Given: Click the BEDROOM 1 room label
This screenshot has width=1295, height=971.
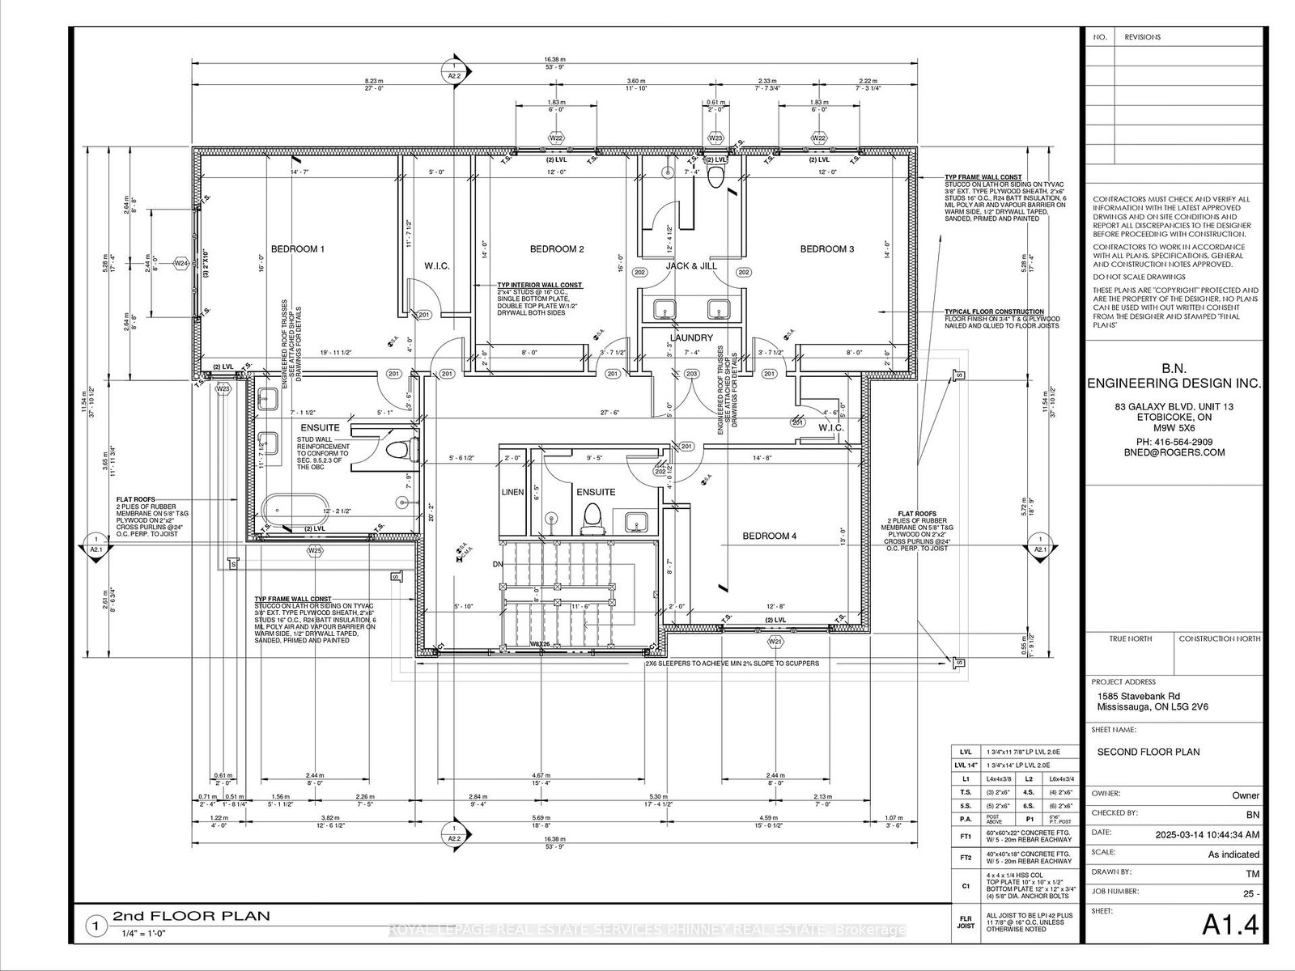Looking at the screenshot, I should (x=297, y=249).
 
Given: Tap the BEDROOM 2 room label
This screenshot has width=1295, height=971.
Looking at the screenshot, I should (x=557, y=249).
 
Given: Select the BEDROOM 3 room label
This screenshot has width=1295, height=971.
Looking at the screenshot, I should (x=827, y=249).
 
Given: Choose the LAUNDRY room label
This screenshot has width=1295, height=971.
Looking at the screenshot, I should (x=690, y=337).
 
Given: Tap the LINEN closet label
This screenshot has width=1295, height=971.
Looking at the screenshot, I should (x=512, y=492).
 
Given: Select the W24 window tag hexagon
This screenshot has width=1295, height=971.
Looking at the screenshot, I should (x=180, y=264).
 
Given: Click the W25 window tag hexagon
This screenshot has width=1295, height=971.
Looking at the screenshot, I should (x=315, y=551).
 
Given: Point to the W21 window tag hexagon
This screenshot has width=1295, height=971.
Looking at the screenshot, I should (x=775, y=642).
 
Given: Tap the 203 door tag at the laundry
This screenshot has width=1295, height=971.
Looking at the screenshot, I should (x=691, y=374).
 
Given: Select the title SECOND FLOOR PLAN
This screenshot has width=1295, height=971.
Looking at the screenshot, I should (x=1148, y=752).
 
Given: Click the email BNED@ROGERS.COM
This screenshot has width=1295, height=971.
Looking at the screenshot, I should (x=1173, y=453).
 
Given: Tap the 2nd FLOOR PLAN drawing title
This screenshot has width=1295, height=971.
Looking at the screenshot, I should (x=191, y=916).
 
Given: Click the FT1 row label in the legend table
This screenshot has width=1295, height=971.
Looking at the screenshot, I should (x=965, y=836).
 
